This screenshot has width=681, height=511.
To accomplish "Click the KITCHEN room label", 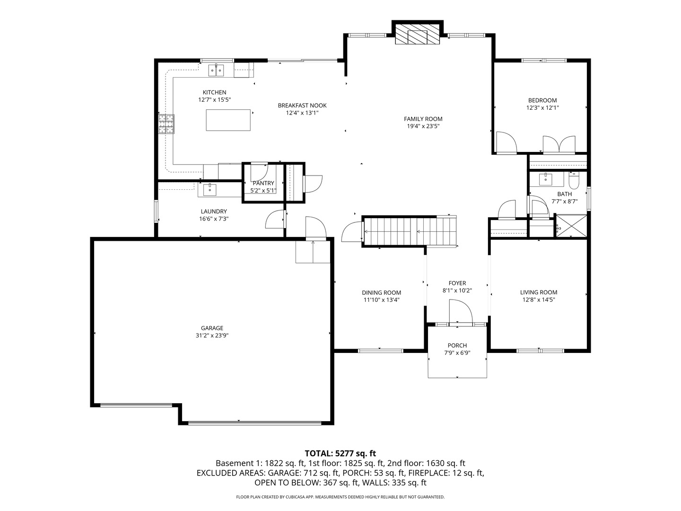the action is point(214,92).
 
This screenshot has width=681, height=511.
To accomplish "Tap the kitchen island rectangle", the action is point(228,120).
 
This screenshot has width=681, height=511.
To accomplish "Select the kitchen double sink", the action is point(216,70).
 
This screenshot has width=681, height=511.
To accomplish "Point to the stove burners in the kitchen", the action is point(166,124).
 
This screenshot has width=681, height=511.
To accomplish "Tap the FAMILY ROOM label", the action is point(423,119).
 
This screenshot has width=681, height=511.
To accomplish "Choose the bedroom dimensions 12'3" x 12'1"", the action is point(542,108).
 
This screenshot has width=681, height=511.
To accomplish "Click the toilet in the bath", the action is point(574,181).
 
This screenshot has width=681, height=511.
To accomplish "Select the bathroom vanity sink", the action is point(545,179).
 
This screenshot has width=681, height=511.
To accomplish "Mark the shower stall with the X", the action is point(571,226).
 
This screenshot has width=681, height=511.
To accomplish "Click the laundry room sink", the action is point(210,190).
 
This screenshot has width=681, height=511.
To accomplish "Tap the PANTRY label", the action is point(263,183).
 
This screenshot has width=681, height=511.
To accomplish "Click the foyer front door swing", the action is point(461,311).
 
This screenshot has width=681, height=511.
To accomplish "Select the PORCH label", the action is point(457,345).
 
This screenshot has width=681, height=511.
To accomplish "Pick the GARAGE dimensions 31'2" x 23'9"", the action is point(212,335).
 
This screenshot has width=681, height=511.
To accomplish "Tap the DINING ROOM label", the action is point(381,292).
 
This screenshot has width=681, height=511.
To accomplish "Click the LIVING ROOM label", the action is point(539,292).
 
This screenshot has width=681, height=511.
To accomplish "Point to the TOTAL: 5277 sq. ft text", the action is point(340,454).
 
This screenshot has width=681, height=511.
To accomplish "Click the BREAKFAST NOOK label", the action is point(302,106).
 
